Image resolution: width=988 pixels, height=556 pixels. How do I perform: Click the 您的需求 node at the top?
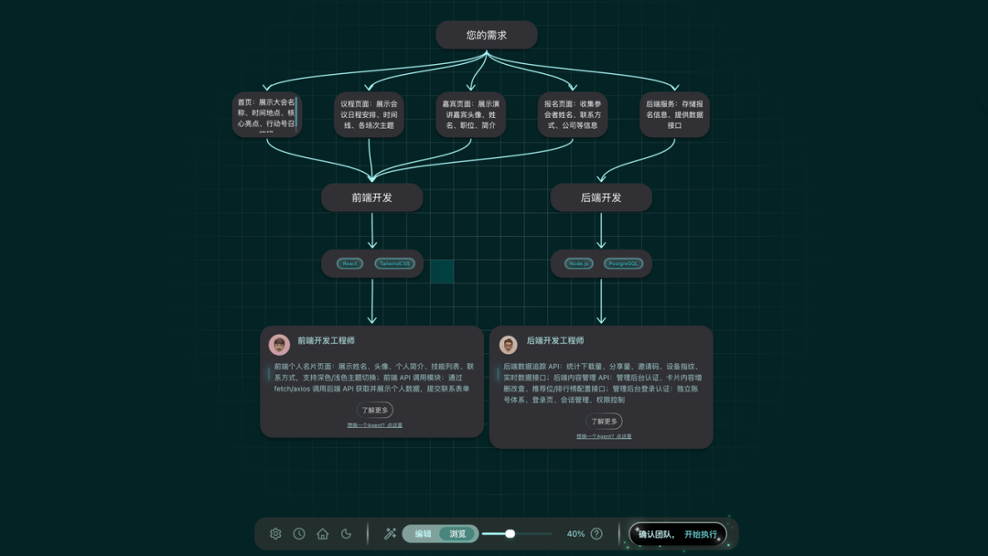pos(486,35)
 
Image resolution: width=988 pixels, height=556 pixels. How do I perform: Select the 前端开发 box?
pos(371,198)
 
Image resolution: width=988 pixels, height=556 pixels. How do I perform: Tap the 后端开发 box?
pos(601,198)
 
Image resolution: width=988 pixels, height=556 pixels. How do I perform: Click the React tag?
pos(349,263)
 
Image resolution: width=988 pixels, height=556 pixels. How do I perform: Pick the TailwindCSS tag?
pos(394,263)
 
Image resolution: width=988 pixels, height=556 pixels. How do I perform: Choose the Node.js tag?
pos(578,263)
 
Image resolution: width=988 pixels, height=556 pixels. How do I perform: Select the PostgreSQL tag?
pos(623,263)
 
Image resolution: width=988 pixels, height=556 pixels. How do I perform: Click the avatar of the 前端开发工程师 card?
pos(279,344)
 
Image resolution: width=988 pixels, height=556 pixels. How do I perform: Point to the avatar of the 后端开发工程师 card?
pos(509,344)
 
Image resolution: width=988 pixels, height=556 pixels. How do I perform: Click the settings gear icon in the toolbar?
pos(275,534)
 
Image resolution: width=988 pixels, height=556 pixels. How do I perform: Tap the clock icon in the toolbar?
pos(299,534)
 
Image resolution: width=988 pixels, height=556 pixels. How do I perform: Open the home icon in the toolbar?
pos(323,534)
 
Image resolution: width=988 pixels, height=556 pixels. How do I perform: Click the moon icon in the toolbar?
pos(347,534)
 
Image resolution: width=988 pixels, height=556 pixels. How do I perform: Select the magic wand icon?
pos(390,534)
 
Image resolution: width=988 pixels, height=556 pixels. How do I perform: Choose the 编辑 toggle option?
pos(423,534)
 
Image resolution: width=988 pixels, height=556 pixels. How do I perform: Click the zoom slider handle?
pos(510,534)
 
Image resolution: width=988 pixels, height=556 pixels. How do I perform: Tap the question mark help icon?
pos(596,534)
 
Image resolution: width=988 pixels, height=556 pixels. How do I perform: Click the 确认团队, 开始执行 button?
pos(678,534)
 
